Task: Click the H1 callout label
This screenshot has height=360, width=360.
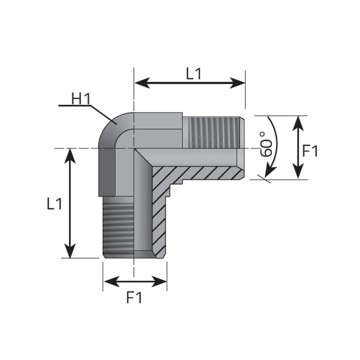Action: point(81,99)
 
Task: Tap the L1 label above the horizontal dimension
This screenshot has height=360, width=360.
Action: point(194,74)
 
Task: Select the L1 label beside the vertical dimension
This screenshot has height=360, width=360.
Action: point(54,204)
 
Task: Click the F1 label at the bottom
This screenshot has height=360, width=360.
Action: point(134,298)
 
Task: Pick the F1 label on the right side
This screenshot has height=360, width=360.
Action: point(310,151)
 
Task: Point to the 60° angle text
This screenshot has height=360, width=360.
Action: point(266,144)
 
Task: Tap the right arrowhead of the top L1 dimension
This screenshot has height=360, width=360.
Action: point(238,83)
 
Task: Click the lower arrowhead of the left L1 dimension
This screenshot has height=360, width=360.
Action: point(70,250)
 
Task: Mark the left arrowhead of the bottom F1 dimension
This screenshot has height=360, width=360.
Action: point(112,282)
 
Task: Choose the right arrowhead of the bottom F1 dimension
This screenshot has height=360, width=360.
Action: point(159,282)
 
